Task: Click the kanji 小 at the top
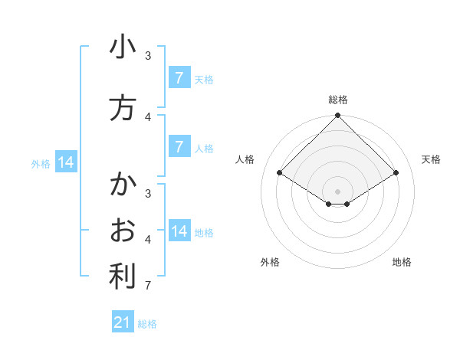click(x=123, y=47)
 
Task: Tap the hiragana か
click(x=123, y=185)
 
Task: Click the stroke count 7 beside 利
click(x=148, y=286)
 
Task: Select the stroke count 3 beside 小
click(x=148, y=55)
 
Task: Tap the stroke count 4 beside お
click(x=148, y=240)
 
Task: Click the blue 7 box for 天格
click(x=179, y=78)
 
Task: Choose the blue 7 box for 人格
click(x=179, y=147)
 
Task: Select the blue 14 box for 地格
click(x=179, y=231)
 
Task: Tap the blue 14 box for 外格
click(x=66, y=162)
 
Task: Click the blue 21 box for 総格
click(x=123, y=322)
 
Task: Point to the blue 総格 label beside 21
click(x=148, y=324)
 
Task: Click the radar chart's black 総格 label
click(x=338, y=100)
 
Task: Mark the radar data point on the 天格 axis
click(x=396, y=173)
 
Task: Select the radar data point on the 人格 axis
click(x=280, y=173)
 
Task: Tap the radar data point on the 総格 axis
click(x=338, y=116)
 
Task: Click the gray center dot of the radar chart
click(x=338, y=191)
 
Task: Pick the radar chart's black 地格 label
click(x=402, y=262)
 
